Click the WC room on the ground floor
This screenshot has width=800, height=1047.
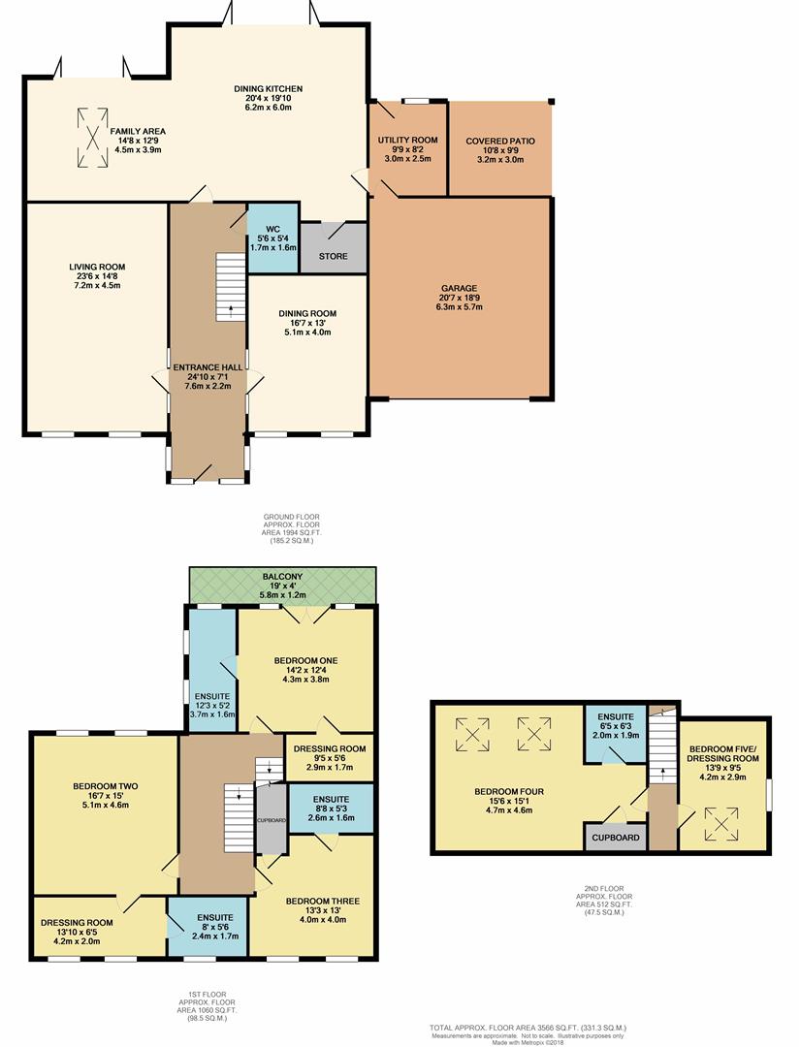click(x=273, y=238)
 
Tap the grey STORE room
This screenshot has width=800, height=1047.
click(x=334, y=248)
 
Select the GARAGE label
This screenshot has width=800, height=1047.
click(x=459, y=289)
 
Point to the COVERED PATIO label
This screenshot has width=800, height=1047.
click(x=500, y=141)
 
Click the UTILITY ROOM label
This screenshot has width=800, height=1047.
click(x=408, y=140)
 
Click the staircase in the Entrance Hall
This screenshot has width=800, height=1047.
click(x=231, y=288)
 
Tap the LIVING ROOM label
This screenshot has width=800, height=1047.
click(x=97, y=267)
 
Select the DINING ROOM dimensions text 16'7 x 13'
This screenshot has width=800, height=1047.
click(x=307, y=323)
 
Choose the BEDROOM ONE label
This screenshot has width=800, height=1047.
click(x=305, y=660)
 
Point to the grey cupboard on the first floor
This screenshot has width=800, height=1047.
click(x=272, y=818)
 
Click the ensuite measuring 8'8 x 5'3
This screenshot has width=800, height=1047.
click(x=332, y=808)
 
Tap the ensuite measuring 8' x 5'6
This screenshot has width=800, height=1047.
click(x=208, y=926)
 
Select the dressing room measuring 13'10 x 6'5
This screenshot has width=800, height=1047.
click(x=99, y=926)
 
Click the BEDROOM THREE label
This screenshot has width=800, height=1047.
click(x=323, y=901)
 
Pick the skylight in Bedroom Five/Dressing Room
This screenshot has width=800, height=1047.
click(x=721, y=824)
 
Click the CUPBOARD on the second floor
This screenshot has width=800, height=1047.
click(x=616, y=838)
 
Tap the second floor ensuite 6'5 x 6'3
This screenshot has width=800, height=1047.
click(x=615, y=733)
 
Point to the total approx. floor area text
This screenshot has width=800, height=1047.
click(x=528, y=1028)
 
